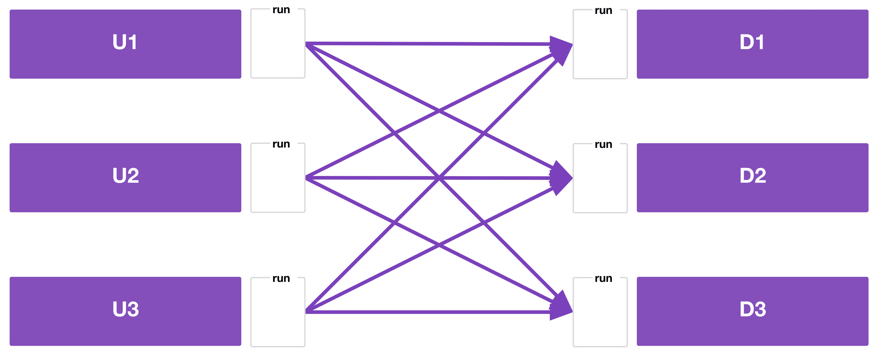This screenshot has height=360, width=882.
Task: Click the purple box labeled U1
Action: tap(125, 44)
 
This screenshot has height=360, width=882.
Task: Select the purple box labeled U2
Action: tap(125, 178)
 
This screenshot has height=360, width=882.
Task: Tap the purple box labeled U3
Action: tap(125, 311)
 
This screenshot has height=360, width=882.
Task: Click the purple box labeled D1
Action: tap(752, 44)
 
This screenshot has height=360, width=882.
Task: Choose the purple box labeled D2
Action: tap(752, 178)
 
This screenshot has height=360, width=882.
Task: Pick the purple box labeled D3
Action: tap(752, 311)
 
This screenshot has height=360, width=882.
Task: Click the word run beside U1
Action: tap(281, 10)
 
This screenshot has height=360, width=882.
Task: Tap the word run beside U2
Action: tap(281, 144)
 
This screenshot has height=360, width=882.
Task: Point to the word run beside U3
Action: tap(281, 278)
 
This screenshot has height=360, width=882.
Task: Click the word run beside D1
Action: tap(603, 11)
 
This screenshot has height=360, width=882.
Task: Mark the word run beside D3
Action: tap(603, 278)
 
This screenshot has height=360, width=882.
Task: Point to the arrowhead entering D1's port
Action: tap(562, 46)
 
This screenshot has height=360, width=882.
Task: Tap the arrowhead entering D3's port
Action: tap(562, 308)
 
